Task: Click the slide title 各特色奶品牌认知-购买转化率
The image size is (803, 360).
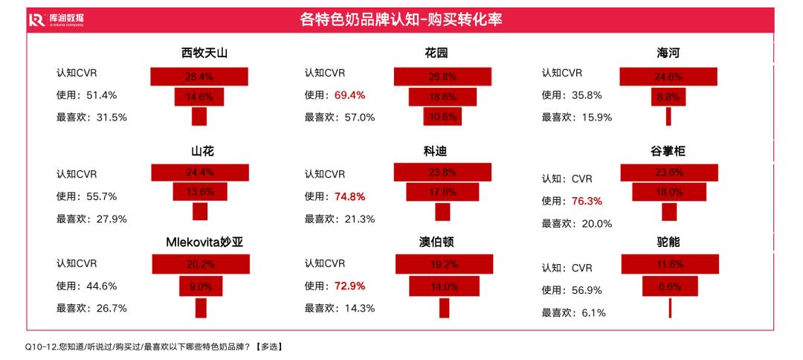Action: click(x=401, y=19)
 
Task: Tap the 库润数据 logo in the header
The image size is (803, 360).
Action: click(x=57, y=20)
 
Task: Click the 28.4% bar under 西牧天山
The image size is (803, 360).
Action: click(x=199, y=76)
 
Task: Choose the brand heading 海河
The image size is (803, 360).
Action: click(x=668, y=54)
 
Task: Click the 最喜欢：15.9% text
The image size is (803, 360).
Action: click(x=576, y=117)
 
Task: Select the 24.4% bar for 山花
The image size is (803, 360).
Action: click(x=199, y=172)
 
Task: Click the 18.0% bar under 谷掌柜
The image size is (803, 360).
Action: click(x=668, y=192)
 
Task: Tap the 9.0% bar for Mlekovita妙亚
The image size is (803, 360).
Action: click(x=201, y=286)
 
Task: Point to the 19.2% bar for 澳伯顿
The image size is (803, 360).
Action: click(x=444, y=264)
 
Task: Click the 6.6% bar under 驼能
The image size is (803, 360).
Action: click(x=670, y=286)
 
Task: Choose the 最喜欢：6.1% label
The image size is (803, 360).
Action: click(x=573, y=313)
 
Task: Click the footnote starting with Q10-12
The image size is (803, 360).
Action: click(x=153, y=347)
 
